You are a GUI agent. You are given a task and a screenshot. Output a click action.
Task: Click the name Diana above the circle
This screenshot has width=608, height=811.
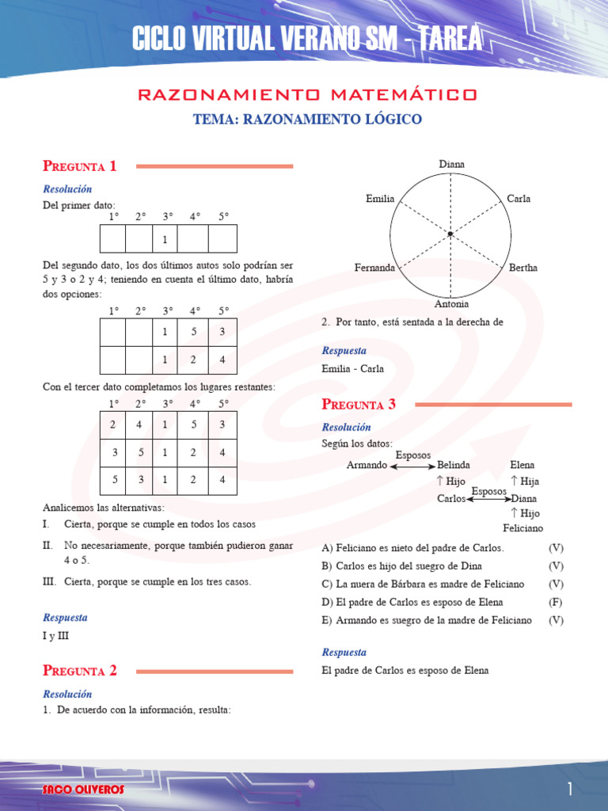click(x=452, y=164)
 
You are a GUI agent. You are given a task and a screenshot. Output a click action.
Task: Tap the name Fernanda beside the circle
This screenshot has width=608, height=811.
click(x=374, y=268)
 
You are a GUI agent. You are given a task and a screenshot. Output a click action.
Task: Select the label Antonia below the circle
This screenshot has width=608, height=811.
click(x=451, y=304)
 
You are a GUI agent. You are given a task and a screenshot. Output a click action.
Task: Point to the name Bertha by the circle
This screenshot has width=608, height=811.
click(x=523, y=268)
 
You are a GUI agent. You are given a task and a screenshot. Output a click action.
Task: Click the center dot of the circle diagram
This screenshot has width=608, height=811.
click(x=450, y=234)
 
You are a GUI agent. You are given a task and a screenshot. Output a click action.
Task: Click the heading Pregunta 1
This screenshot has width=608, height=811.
click(x=79, y=166)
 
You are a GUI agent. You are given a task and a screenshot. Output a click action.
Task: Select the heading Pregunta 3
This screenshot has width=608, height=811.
click(x=359, y=405)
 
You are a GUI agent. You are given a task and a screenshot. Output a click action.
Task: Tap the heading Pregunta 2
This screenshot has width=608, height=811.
click(x=79, y=671)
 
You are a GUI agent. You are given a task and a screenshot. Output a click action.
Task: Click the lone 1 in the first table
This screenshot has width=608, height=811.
click(x=165, y=238)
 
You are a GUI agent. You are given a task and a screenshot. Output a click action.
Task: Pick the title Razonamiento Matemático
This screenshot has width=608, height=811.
click(x=307, y=95)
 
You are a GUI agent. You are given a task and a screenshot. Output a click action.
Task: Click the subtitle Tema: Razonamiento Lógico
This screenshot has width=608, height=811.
click(x=308, y=120)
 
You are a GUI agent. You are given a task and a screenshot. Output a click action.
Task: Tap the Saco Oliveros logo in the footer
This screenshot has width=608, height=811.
click(x=83, y=790)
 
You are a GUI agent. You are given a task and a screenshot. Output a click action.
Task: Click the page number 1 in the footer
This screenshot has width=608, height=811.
click(x=568, y=789)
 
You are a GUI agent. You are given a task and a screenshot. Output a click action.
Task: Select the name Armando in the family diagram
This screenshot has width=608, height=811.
click(x=367, y=465)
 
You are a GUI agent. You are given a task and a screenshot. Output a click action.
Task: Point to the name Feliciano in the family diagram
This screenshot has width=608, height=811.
click(x=523, y=528)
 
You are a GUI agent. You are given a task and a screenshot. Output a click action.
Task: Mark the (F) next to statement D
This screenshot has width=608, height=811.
click(x=556, y=602)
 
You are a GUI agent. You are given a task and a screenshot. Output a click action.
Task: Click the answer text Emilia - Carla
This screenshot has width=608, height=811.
click(x=353, y=368)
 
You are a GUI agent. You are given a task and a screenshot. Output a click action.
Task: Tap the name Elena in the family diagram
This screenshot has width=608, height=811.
click(x=522, y=465)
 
